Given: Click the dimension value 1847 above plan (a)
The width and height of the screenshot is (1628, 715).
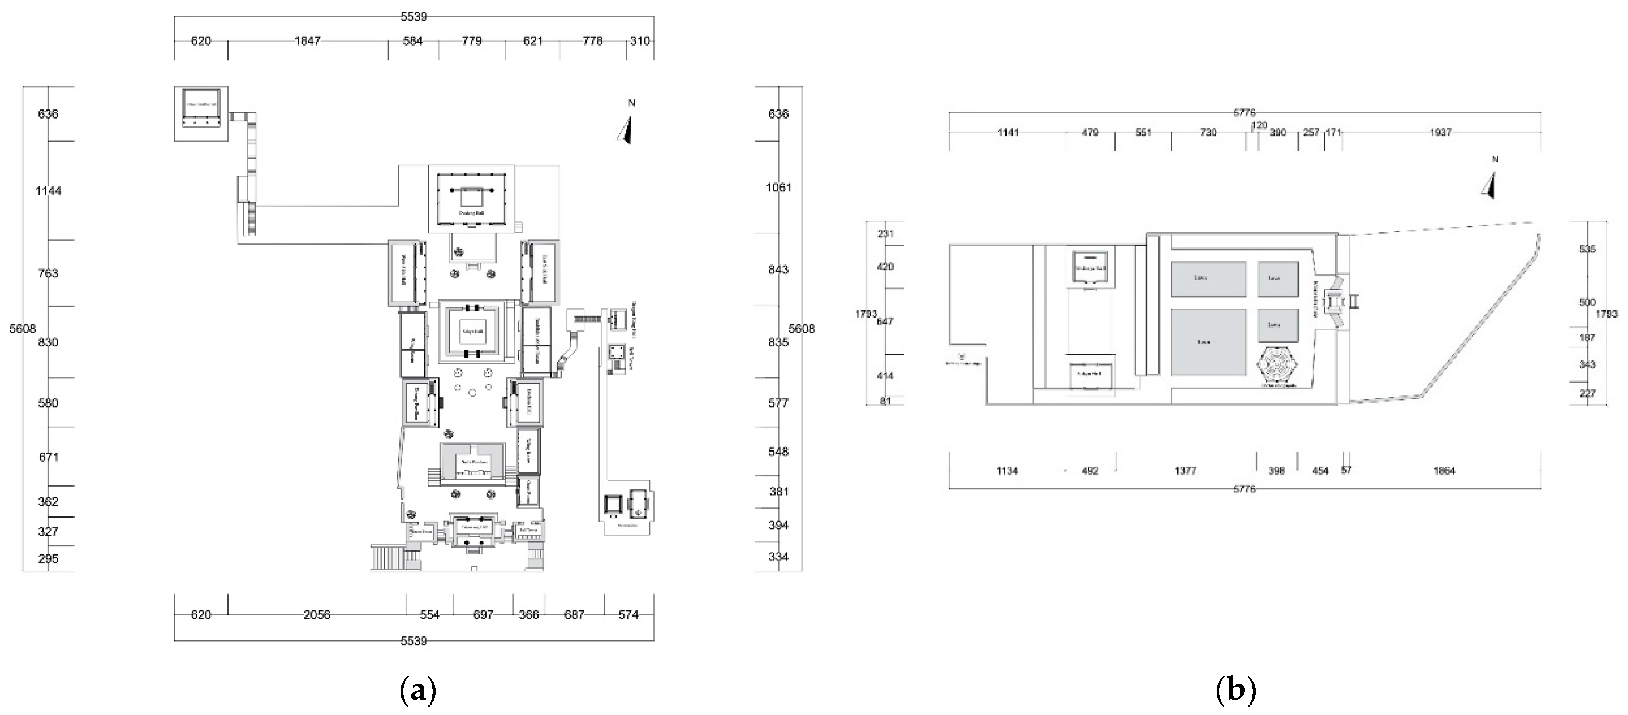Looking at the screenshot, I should pos(307,41).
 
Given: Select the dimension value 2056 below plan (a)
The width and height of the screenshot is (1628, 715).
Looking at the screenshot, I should pos(317,615).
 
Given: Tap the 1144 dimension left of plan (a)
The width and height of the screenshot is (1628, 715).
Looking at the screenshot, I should pos(48,191).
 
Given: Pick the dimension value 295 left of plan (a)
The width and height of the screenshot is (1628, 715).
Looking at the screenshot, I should pos(48,559).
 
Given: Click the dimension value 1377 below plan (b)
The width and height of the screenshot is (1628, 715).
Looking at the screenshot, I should pos(1185,470).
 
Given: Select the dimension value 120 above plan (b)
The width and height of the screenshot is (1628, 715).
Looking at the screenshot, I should pos(1259,125).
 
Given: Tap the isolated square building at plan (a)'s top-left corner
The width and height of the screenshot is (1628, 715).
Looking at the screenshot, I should pos(201,114).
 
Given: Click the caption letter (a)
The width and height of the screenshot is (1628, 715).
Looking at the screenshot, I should pos(418,692).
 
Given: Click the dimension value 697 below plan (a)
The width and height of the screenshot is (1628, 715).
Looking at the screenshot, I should pos(483,615).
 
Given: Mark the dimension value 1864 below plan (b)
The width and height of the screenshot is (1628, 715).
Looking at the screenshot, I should pos(1444,470).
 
